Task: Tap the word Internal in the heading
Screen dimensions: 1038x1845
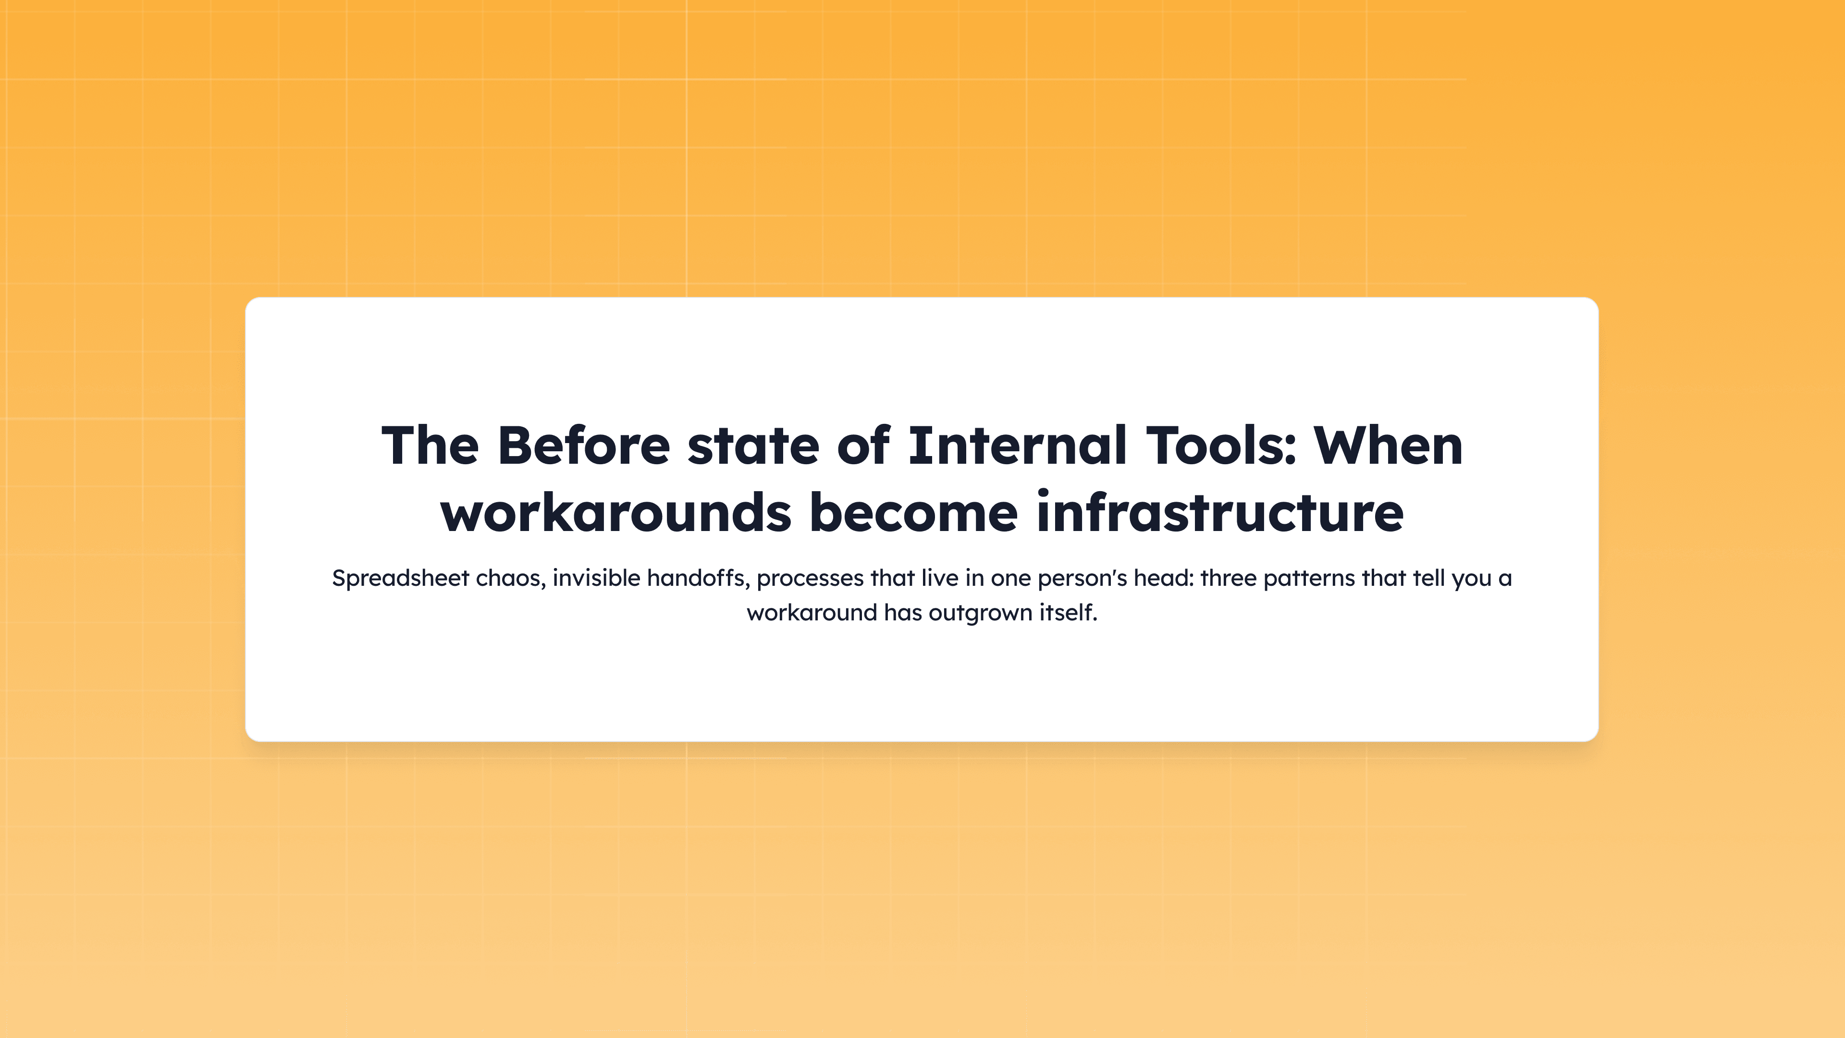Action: [x=1017, y=445]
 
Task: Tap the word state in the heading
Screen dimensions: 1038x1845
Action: [x=753, y=445]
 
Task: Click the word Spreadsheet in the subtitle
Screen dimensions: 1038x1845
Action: [x=400, y=578]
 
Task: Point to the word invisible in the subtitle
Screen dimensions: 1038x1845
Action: [x=596, y=578]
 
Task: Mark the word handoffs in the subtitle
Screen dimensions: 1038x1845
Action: [x=698, y=578]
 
